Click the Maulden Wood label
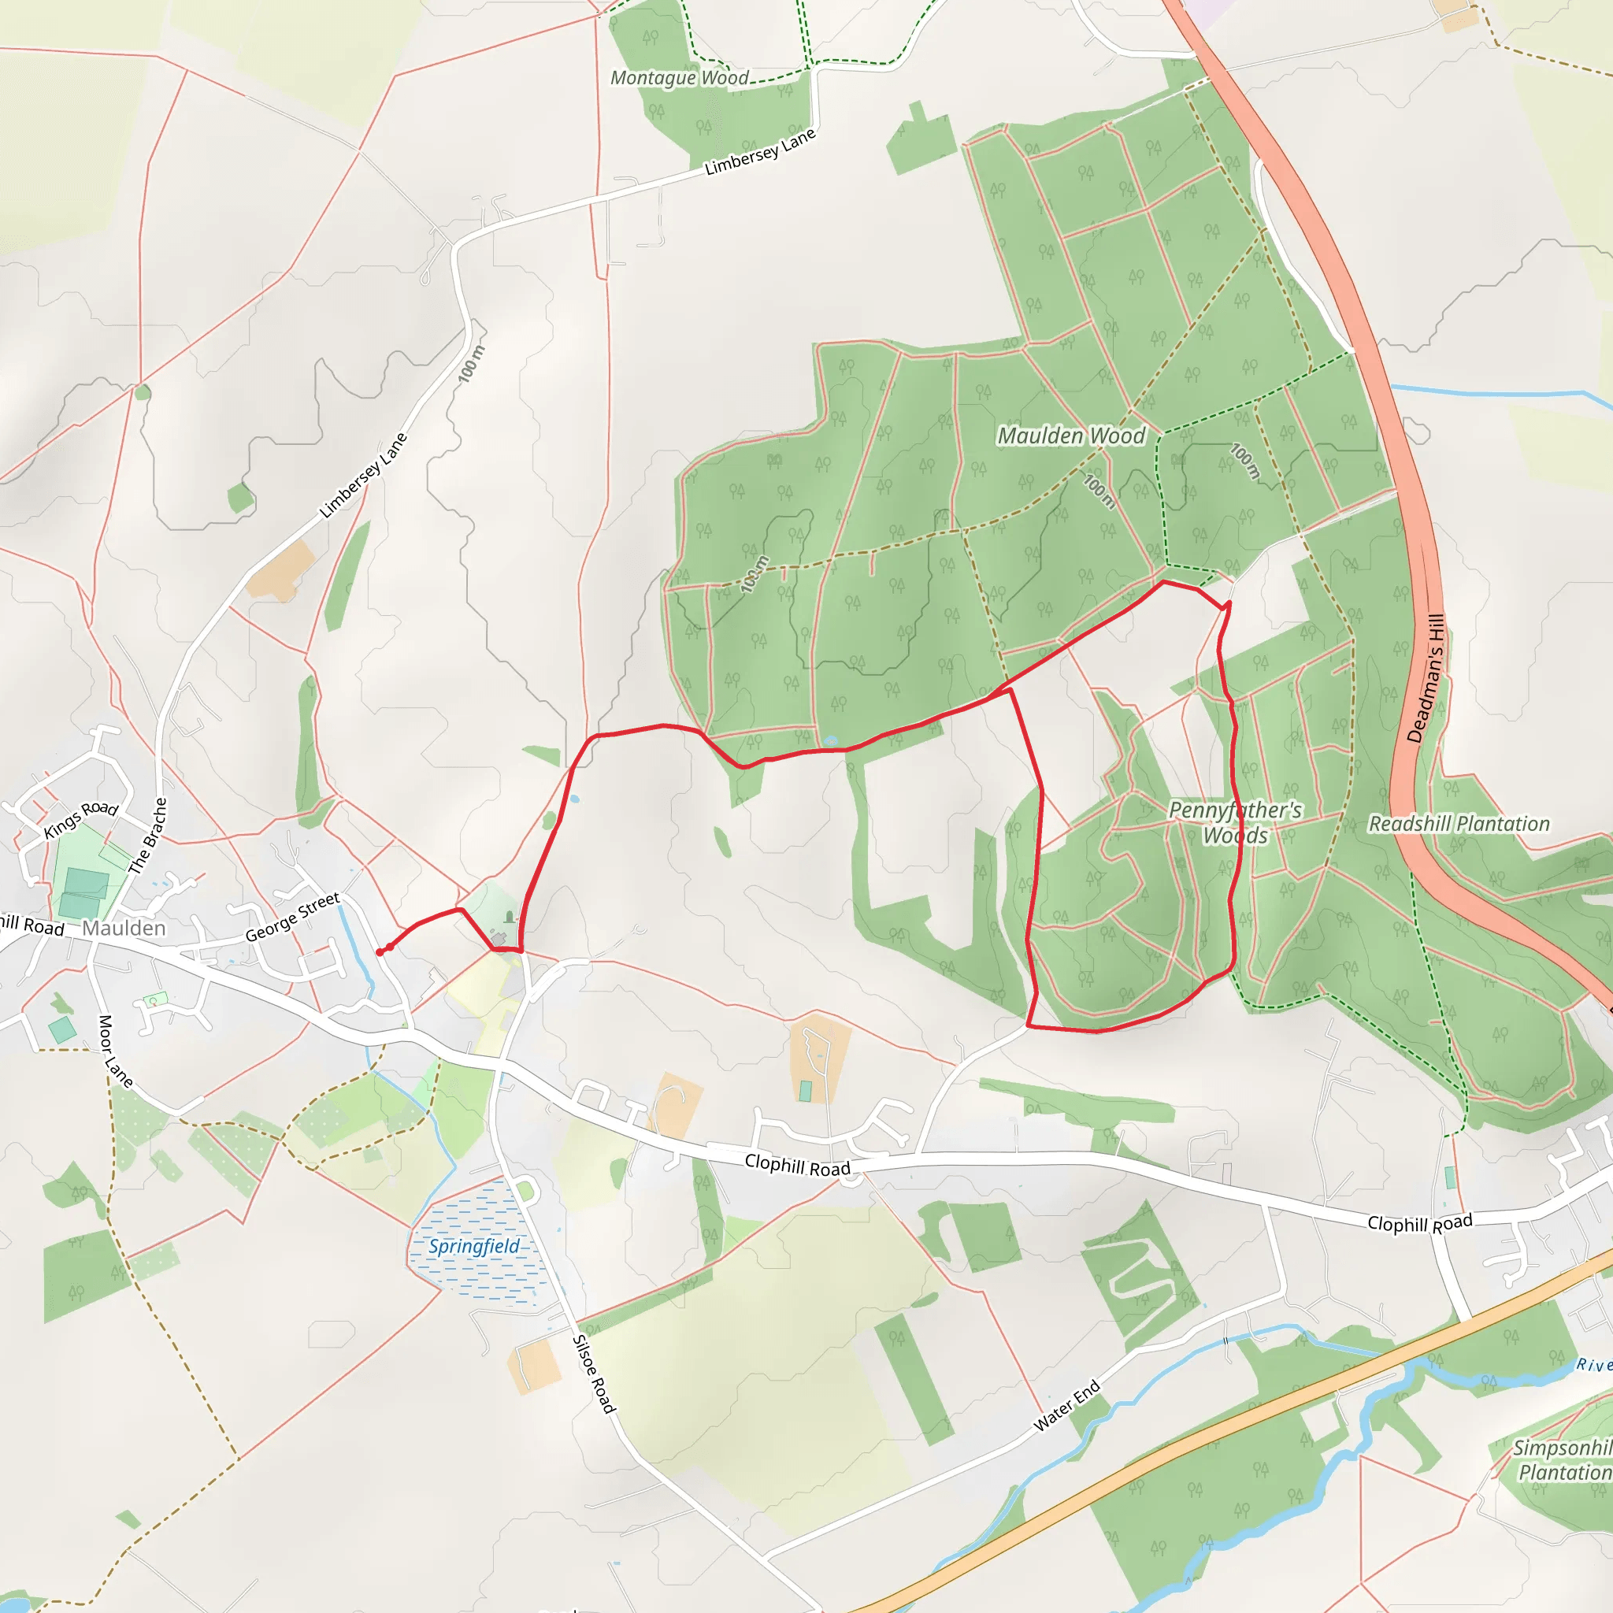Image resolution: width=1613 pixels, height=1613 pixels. [x=1071, y=436]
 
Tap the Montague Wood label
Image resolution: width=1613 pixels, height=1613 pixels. [x=679, y=78]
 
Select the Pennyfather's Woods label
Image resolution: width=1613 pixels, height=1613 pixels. [x=1235, y=822]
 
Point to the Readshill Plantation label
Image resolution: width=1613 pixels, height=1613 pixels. [x=1459, y=824]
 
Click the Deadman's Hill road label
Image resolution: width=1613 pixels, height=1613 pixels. [x=1426, y=679]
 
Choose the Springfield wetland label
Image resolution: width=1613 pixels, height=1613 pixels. [x=473, y=1247]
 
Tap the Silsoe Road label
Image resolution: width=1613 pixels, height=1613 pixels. [x=594, y=1374]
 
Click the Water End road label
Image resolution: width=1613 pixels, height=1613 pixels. [x=1067, y=1407]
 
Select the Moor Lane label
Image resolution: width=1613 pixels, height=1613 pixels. [x=116, y=1051]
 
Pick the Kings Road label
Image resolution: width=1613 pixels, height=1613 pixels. [x=81, y=819]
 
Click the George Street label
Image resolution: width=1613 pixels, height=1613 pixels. [x=292, y=917]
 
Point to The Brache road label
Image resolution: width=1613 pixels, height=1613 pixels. [x=149, y=836]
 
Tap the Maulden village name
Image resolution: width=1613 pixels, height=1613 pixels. [x=124, y=929]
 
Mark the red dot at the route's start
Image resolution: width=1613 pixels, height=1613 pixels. [x=380, y=951]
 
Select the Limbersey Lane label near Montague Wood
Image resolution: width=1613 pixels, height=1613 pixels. [x=759, y=152]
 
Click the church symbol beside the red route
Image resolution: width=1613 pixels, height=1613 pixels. [x=510, y=918]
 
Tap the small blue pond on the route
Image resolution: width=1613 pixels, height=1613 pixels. [x=830, y=740]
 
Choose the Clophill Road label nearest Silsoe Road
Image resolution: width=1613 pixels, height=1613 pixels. [x=796, y=1165]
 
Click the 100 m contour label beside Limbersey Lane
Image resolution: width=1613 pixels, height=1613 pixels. [x=472, y=364]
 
